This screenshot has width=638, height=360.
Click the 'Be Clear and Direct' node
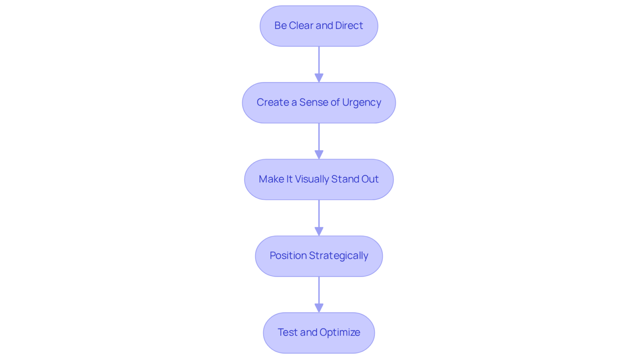(319, 26)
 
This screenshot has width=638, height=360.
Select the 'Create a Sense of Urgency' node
(319, 102)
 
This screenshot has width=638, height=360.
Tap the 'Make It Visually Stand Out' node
(319, 179)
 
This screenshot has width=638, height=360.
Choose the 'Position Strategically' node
(319, 256)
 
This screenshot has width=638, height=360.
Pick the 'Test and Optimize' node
(319, 332)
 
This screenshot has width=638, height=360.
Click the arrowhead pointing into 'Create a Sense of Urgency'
(319, 78)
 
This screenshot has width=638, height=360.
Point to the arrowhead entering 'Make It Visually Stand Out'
(319, 155)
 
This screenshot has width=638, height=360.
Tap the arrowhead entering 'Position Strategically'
(319, 231)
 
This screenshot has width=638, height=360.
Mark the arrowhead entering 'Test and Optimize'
(319, 308)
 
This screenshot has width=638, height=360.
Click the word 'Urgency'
(361, 103)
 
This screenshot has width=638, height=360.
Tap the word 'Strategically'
(339, 256)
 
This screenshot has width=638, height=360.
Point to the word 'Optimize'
(340, 332)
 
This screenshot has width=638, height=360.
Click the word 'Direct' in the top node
(349, 26)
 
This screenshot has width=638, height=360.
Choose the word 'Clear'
(301, 26)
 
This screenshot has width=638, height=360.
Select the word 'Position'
(288, 256)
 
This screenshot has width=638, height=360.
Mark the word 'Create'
(273, 102)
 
